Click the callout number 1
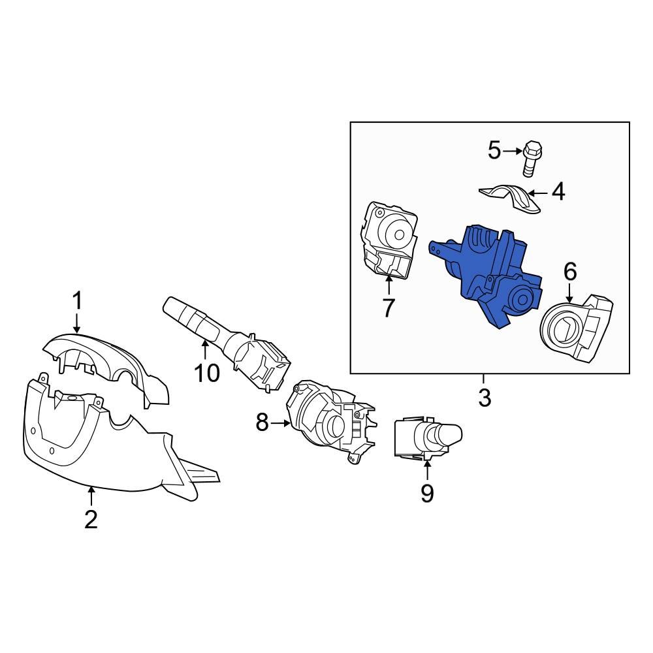77,302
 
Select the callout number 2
91,518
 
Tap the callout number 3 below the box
484,397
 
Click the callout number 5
494,151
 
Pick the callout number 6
570,271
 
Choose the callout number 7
389,308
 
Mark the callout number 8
262,424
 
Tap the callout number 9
426,493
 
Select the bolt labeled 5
532,157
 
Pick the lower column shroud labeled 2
98,444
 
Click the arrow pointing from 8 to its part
281,424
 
